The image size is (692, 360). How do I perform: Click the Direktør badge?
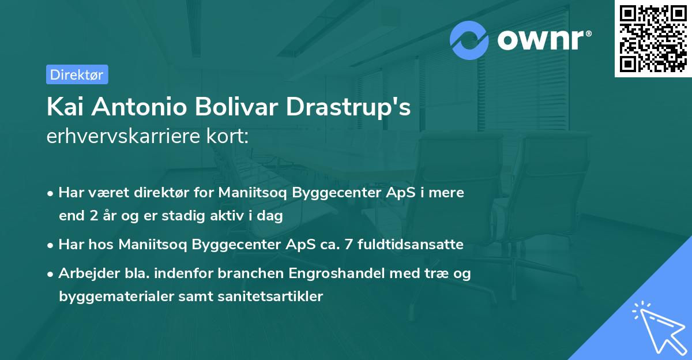(x=77, y=74)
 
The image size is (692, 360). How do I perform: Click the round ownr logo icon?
(x=469, y=40)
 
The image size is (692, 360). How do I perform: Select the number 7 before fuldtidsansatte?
(x=348, y=245)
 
